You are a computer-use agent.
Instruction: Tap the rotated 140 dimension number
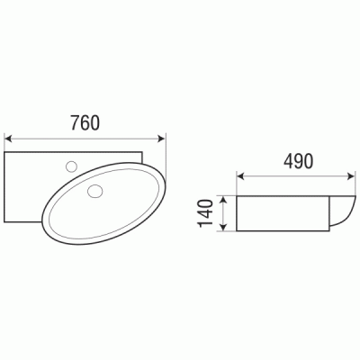206,214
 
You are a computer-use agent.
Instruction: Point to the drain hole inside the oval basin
94,190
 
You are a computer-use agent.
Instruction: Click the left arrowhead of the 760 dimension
8,138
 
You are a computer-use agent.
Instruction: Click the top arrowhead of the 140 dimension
221,198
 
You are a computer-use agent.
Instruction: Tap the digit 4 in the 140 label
206,214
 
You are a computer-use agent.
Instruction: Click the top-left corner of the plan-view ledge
6,154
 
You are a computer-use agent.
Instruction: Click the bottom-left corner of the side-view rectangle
239,231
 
